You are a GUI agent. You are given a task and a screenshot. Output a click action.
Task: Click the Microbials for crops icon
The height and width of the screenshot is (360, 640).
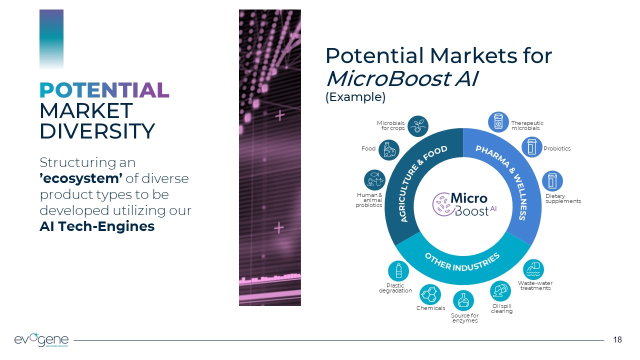point(418,126)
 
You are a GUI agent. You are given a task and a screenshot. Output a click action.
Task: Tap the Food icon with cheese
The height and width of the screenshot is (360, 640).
point(389,150)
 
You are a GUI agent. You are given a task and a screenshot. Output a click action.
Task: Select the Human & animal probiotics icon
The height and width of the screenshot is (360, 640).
point(375,180)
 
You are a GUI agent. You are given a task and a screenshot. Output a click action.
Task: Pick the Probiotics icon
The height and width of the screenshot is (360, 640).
point(532,147)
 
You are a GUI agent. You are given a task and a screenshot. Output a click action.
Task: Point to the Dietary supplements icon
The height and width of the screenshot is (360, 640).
point(552,181)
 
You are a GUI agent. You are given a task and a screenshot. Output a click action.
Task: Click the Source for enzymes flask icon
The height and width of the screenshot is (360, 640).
point(463,300)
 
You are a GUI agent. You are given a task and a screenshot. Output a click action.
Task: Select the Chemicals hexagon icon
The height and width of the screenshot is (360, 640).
point(429,294)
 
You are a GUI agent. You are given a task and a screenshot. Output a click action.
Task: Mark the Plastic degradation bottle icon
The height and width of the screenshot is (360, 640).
point(398,271)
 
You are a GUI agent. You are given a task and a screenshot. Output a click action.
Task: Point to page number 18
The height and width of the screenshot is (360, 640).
point(617,340)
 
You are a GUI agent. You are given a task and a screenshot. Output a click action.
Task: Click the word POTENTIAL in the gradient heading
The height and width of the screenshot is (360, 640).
point(104,90)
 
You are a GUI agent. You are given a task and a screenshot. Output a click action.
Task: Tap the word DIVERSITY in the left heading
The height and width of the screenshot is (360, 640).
point(97,131)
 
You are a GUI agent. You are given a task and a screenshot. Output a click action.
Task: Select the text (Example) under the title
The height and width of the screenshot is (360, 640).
point(355,97)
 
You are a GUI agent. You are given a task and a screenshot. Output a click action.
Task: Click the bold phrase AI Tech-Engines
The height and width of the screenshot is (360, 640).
point(97,226)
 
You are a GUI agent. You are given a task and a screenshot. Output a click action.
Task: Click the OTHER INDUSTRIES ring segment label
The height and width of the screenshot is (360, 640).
point(462,261)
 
